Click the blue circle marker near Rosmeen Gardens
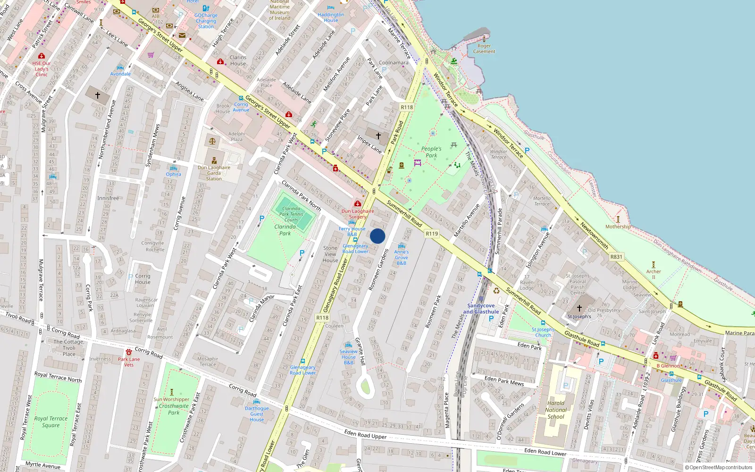(377, 236)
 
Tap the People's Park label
(431, 152)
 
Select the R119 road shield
(431, 234)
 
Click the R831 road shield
(616, 257)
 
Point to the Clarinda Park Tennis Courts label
(291, 214)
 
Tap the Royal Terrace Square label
(50, 421)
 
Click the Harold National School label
(556, 410)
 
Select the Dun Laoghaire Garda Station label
(214, 173)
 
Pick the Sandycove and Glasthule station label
(481, 309)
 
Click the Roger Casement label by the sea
(484, 49)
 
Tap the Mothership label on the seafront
(618, 227)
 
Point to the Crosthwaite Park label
(174, 409)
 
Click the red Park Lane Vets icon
(129, 352)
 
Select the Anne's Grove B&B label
(402, 257)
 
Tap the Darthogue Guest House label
(257, 414)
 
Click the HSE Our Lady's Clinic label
(42, 69)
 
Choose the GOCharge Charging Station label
(206, 21)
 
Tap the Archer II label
(654, 274)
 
